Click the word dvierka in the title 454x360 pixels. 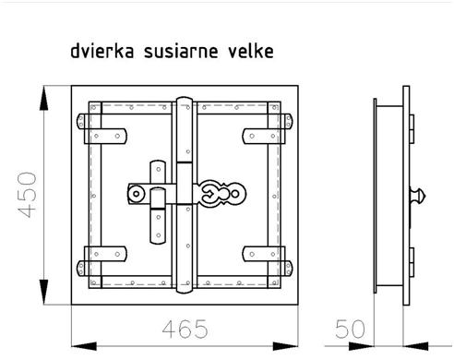pyautogui.click(x=102, y=51)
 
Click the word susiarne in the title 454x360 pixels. pyautogui.click(x=181, y=51)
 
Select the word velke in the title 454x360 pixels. pyautogui.click(x=251, y=51)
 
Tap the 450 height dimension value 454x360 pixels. pyautogui.click(x=27, y=195)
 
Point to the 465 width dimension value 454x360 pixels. pyautogui.click(x=185, y=329)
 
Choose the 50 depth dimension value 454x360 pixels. pyautogui.click(x=350, y=329)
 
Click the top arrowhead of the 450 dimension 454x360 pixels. pyautogui.click(x=43, y=98)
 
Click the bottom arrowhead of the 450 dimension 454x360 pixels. pyautogui.click(x=43, y=292)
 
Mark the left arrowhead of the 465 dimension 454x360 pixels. pyautogui.click(x=84, y=346)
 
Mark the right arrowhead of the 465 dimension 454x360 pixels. pyautogui.click(x=285, y=346)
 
